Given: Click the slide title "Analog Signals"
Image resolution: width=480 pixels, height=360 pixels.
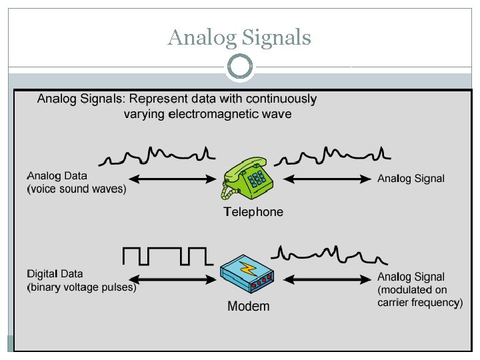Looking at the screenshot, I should tap(239, 37).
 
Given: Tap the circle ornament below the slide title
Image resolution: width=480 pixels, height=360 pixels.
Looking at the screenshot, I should tap(240, 67).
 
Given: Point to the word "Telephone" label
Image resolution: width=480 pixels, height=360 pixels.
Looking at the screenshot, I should tap(253, 212).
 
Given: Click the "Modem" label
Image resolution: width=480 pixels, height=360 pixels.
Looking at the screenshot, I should tap(249, 307).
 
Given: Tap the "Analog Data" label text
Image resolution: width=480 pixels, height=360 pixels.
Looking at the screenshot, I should tap(57, 176).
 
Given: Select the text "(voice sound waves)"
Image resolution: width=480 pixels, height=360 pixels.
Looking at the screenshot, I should tap(76, 189).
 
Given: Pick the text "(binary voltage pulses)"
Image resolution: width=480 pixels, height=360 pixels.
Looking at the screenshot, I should tap(81, 288).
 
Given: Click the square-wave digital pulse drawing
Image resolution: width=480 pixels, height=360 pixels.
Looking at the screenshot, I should tap(167, 256).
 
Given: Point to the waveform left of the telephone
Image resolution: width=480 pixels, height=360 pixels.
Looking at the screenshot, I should tap(157, 156).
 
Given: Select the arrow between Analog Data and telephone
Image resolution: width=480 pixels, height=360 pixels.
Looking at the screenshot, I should tap(174, 179).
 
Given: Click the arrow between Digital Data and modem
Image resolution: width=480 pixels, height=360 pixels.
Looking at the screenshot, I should tap(174, 277).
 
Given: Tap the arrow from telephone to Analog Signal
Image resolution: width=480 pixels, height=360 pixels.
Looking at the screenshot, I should tap(332, 179).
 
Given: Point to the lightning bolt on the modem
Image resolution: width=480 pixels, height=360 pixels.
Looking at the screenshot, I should tap(249, 269).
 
